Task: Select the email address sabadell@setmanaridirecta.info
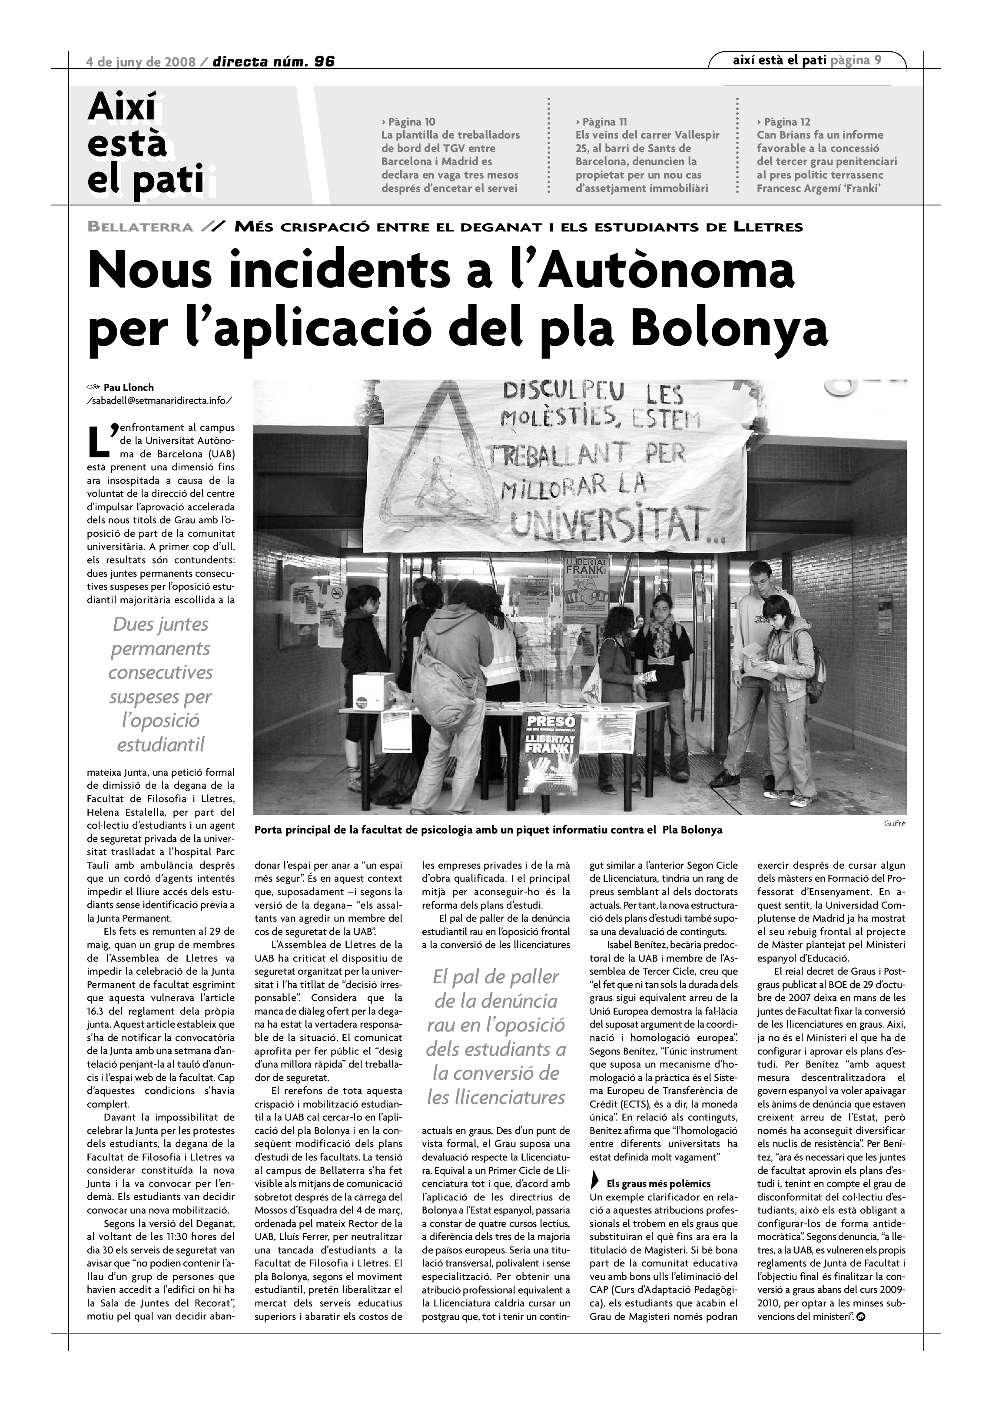(x=160, y=400)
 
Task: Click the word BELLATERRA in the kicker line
(x=140, y=227)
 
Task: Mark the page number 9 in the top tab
(x=878, y=60)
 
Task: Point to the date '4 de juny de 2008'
(x=141, y=62)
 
